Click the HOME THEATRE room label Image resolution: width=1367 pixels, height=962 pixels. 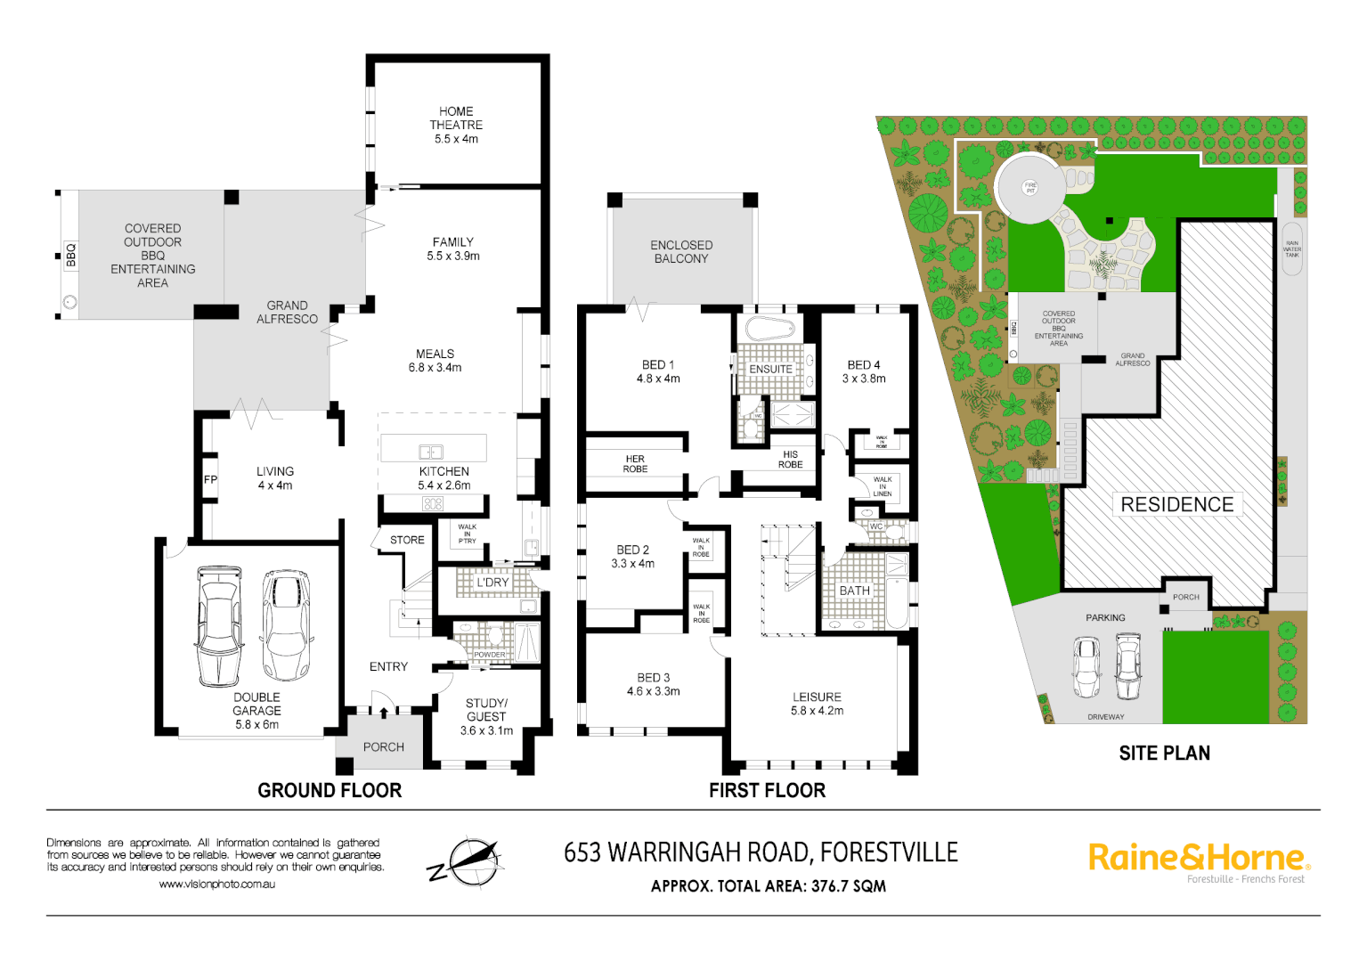456,125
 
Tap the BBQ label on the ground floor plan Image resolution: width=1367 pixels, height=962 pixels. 71,256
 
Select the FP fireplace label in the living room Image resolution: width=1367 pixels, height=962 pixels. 210,479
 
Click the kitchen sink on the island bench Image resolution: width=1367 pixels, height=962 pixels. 431,452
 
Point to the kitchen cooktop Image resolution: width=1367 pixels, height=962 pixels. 433,504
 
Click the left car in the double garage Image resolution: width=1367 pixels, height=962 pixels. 218,625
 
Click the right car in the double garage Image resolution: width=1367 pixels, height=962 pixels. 286,624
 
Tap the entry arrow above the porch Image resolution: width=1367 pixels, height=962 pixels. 384,712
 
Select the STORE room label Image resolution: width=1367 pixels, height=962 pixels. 407,540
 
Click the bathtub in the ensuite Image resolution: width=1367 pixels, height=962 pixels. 769,329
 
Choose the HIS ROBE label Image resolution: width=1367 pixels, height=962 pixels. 790,460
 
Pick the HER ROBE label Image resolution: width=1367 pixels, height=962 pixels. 635,464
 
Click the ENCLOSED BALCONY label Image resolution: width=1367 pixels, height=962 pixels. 681,252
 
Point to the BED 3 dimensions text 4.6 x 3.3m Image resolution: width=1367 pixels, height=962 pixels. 653,691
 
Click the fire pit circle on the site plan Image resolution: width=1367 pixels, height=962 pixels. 1030,188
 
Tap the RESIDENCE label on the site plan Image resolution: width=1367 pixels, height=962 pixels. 1176,505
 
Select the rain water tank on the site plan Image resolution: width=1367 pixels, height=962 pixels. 1291,249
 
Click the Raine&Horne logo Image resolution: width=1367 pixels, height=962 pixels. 1198,860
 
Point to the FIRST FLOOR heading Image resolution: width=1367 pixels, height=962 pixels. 767,790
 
